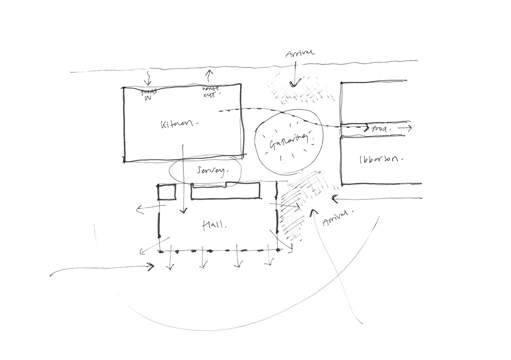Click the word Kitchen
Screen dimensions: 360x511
click(178, 124)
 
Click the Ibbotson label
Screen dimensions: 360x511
click(378, 159)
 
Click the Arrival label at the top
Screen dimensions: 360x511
click(300, 53)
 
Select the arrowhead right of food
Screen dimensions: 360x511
click(409, 129)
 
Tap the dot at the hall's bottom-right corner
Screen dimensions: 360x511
click(278, 251)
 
